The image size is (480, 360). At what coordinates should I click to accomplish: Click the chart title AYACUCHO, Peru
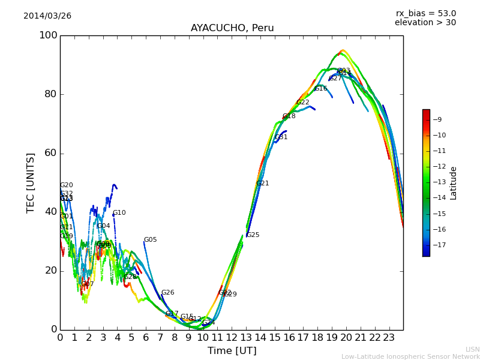(x=232, y=28)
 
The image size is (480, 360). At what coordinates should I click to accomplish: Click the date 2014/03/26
(x=47, y=16)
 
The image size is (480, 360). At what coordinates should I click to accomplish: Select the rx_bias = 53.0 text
(x=425, y=13)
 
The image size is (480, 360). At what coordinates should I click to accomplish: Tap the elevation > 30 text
(x=425, y=23)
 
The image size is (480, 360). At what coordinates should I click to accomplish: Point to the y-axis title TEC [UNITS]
(x=31, y=182)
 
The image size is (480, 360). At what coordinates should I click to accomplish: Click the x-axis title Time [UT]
(x=232, y=350)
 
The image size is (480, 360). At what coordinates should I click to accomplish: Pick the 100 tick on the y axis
(x=48, y=35)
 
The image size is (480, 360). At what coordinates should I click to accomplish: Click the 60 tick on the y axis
(x=51, y=153)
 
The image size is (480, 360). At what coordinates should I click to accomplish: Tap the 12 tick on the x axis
(x=232, y=338)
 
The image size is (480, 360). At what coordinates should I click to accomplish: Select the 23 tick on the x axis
(x=389, y=338)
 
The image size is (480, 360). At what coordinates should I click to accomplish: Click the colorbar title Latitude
(x=454, y=183)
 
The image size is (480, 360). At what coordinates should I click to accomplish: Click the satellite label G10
(x=119, y=213)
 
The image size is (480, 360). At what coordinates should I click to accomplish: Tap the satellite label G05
(x=150, y=240)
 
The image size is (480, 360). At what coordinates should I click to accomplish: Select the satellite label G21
(x=263, y=184)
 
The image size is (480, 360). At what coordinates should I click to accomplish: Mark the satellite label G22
(x=303, y=103)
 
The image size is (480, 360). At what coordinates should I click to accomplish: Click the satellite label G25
(x=253, y=235)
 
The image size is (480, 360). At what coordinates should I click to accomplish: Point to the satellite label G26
(x=167, y=293)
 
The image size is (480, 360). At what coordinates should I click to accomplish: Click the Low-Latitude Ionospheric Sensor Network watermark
(x=410, y=356)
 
